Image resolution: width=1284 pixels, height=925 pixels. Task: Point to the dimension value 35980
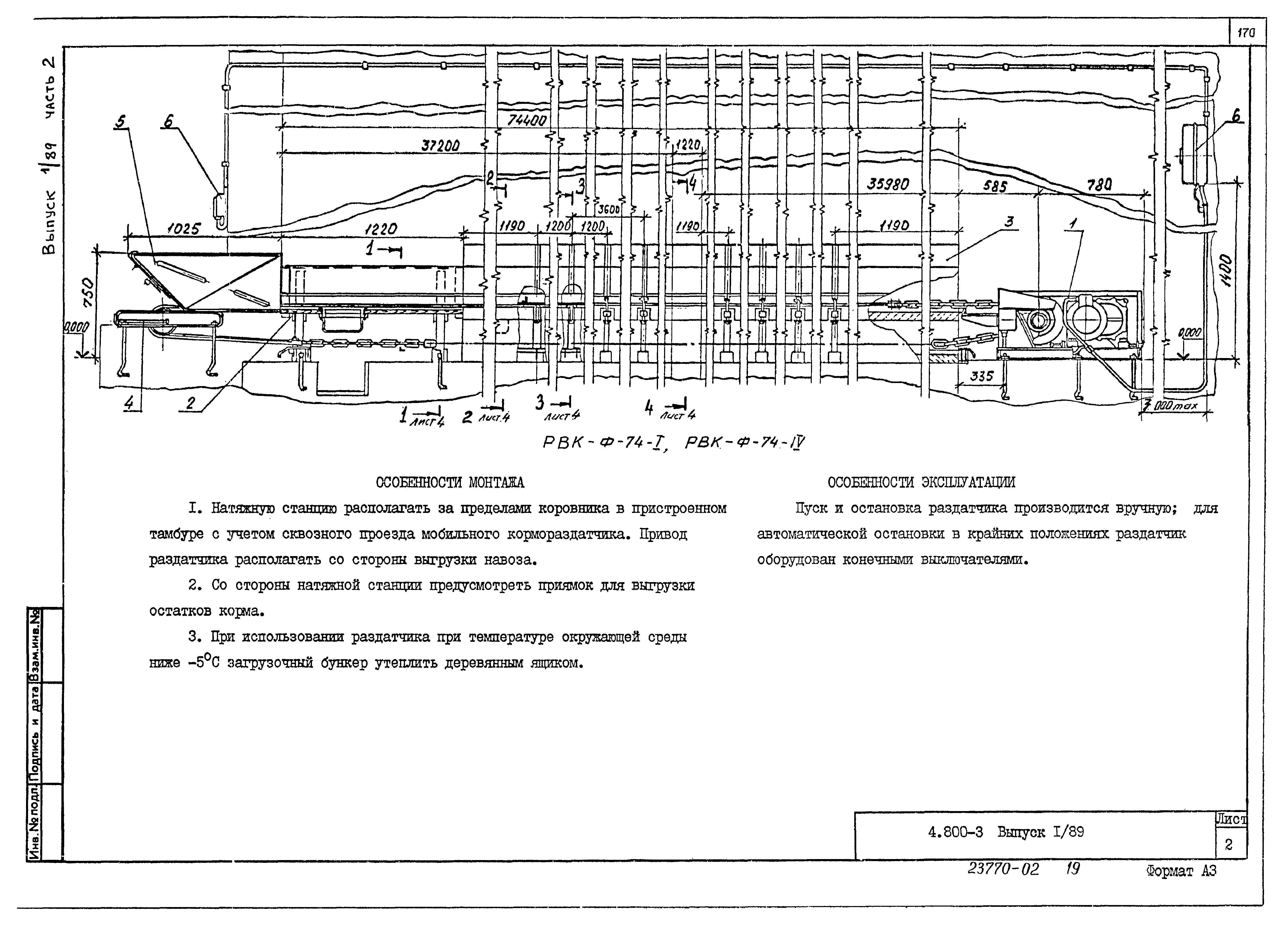(x=888, y=184)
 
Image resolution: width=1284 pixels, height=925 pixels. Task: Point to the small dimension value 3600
(x=609, y=209)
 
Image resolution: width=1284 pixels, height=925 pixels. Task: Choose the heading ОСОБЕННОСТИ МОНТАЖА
(x=450, y=483)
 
